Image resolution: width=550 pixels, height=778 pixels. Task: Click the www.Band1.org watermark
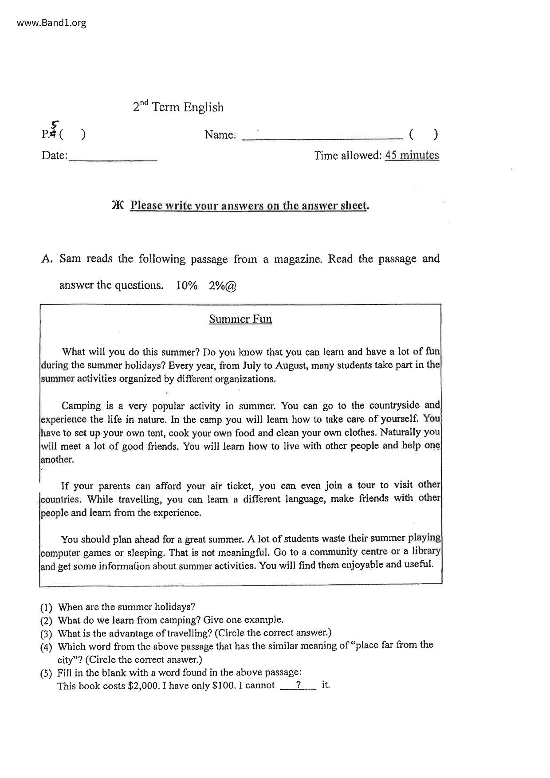pos(51,23)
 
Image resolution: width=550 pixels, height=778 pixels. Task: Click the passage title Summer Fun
pos(240,319)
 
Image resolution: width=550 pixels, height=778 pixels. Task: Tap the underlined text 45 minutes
pos(412,155)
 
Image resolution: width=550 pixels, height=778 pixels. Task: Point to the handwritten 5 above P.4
pos(55,125)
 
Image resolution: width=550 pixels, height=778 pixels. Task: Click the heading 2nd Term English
pos(178,107)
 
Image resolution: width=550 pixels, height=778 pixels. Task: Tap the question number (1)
pos(46,607)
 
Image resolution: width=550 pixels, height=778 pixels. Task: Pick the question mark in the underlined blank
pos(299,685)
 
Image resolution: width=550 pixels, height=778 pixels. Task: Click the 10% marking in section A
pos(186,286)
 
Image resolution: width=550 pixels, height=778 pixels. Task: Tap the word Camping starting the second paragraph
pos(81,406)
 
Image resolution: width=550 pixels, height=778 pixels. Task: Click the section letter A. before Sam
pos(47,259)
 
